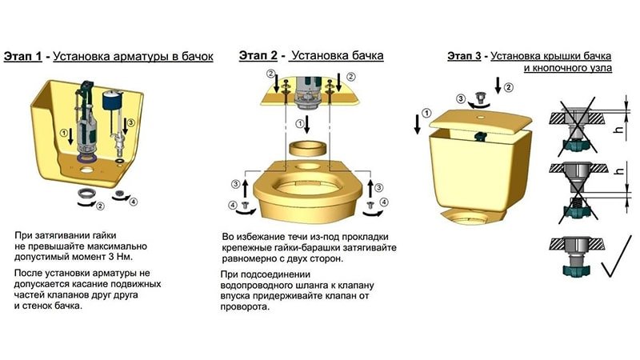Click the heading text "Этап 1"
tap(23, 56)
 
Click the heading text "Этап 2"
tap(258, 55)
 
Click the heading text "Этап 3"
tap(464, 55)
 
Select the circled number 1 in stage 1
tap(64, 133)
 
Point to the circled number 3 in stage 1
tap(130, 122)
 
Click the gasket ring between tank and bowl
tap(307, 148)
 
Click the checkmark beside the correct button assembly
tap(617, 257)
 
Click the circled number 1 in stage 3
tap(426, 113)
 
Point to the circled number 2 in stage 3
tap(508, 87)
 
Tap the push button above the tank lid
tap(482, 98)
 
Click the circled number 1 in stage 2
tap(300, 123)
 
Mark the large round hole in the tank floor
tap(86, 168)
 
